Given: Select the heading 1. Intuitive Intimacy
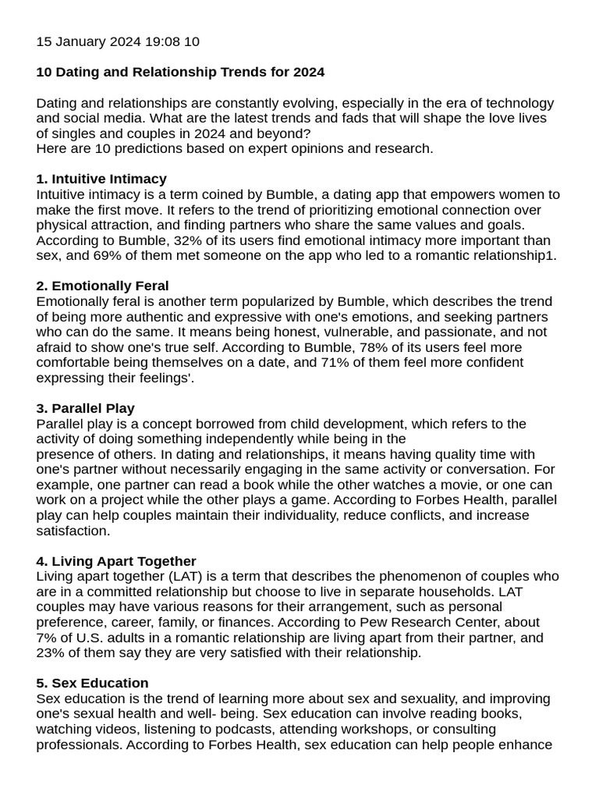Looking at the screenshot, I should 101,179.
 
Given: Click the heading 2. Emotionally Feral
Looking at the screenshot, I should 102,286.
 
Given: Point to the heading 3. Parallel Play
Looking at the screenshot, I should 85,409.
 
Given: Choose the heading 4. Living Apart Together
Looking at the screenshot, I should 116,562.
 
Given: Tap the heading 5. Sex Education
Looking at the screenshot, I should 92,684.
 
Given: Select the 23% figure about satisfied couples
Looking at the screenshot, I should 51,653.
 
